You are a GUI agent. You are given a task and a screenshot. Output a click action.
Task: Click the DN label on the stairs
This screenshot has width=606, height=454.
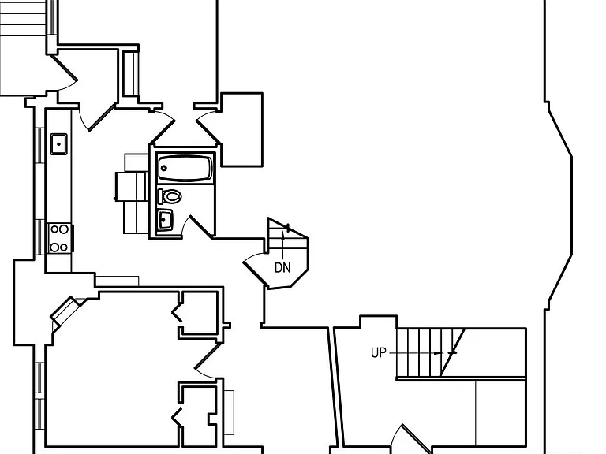click(282, 267)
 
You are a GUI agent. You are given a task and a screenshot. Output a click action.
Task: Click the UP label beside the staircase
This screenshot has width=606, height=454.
click(379, 352)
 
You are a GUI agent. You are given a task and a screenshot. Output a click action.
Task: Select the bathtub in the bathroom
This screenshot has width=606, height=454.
click(185, 168)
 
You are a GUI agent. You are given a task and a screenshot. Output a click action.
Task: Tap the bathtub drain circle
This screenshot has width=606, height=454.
click(164, 168)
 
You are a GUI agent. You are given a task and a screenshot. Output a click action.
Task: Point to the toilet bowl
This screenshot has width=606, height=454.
click(172, 196)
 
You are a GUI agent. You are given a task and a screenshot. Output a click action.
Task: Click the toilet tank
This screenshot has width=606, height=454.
click(160, 196)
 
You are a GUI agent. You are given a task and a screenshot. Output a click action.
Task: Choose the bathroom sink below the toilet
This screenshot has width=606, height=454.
click(165, 220)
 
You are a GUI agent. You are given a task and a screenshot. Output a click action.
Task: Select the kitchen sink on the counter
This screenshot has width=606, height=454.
click(58, 144)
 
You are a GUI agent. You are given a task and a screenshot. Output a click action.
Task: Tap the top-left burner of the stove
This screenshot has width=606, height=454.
click(54, 229)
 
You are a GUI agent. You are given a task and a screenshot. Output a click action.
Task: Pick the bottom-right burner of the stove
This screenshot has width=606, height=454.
click(64, 247)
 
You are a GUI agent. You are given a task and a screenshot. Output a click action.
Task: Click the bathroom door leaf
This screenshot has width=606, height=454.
click(201, 227)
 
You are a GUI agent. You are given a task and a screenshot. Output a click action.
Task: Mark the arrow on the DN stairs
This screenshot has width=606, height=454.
click(283, 246)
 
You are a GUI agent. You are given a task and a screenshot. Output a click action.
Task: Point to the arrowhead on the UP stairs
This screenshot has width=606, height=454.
click(437, 353)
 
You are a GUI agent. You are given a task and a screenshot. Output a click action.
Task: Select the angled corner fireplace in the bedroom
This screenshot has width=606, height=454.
click(65, 311)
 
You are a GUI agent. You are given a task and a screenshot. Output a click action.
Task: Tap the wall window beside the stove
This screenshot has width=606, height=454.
click(39, 237)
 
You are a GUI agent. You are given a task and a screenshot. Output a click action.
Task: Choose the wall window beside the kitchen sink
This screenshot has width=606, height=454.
click(39, 145)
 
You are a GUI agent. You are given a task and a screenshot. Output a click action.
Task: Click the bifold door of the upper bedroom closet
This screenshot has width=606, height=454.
click(177, 313)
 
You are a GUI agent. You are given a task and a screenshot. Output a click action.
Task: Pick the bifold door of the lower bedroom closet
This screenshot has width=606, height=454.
click(177, 417)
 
